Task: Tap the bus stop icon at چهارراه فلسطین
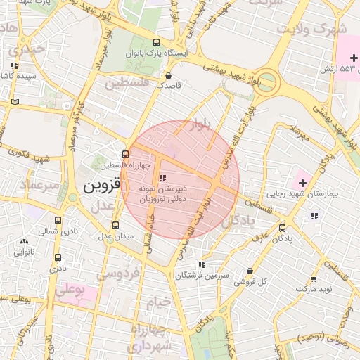point(125,154)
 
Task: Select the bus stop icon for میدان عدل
point(116,225)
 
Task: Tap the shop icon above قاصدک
point(167,75)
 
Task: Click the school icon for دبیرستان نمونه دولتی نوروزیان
point(162,178)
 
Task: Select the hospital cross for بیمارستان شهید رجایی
point(302,183)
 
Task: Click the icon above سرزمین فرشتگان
point(202,265)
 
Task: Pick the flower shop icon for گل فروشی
point(250,271)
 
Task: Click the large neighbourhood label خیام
point(159,302)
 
